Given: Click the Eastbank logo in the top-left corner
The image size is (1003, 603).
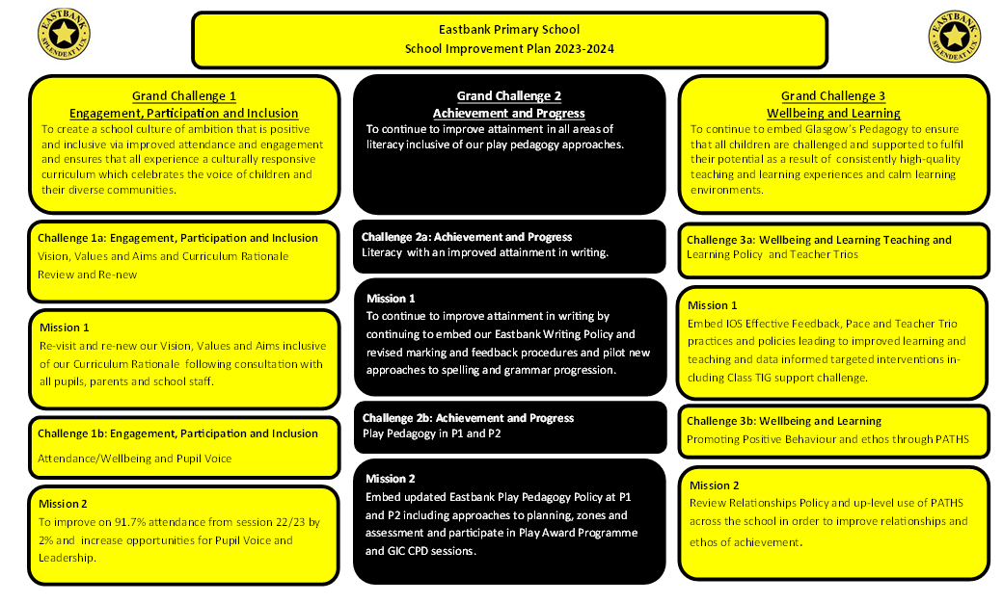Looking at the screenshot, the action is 64,34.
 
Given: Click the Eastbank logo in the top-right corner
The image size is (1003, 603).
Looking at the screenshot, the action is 955,37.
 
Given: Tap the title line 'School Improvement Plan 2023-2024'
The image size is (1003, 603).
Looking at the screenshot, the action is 509,49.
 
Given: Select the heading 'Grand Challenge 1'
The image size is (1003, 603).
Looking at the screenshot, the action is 184,96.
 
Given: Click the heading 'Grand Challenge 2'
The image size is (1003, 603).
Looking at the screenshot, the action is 509,96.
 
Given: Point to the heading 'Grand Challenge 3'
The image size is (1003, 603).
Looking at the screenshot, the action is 833,96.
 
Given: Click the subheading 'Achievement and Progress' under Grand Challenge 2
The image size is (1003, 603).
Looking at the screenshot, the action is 509,114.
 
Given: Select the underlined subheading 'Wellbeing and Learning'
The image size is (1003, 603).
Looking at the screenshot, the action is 833,114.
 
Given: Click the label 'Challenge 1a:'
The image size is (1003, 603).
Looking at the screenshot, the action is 71,238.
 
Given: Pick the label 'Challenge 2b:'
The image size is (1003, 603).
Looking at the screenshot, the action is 396,418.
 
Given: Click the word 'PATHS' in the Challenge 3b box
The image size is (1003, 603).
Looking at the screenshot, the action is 952,439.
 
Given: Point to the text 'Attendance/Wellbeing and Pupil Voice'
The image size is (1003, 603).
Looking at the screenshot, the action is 134,459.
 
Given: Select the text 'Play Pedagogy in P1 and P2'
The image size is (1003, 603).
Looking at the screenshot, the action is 432,433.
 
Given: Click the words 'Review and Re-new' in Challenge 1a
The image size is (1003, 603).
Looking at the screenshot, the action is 87,275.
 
